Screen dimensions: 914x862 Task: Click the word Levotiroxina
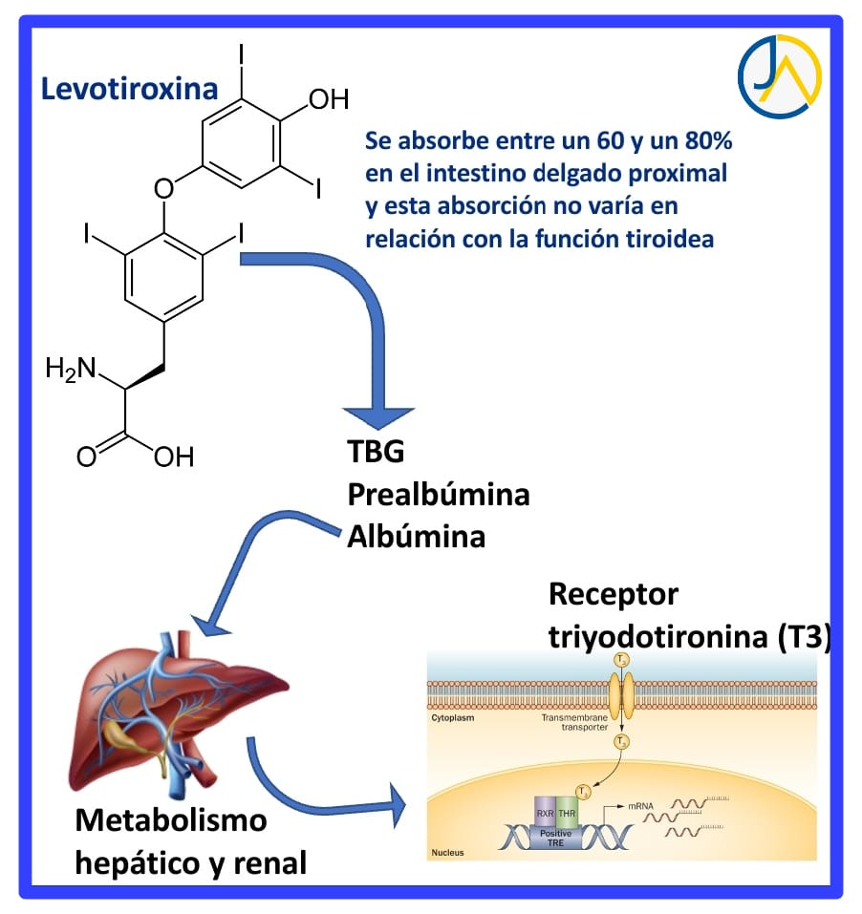pos(128,89)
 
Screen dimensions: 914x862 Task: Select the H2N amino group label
pos(71,369)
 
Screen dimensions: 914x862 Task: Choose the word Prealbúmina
pos(438,494)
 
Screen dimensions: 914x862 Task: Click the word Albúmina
pos(416,536)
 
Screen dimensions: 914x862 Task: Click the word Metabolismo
pos(172,819)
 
